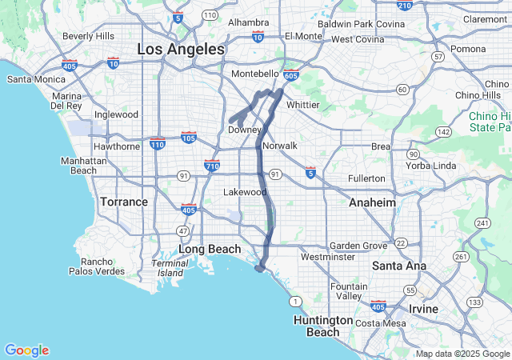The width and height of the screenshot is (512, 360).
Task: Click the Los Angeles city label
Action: tap(181, 49)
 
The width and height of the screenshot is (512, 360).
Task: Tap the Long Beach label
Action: tap(209, 249)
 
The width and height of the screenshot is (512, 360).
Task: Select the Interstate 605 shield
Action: tap(291, 75)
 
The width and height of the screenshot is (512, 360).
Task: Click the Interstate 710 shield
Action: tap(212, 165)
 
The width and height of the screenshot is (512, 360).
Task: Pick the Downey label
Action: tap(245, 130)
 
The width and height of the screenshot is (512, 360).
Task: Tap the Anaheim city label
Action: tap(372, 202)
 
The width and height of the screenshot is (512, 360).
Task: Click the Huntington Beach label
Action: tap(323, 326)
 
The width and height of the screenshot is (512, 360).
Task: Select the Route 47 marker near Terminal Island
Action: tap(182, 230)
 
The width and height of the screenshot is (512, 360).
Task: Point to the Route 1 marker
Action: tap(295, 301)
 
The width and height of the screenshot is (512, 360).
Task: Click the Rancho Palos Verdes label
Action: tap(102, 266)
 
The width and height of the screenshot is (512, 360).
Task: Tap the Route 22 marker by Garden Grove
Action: tap(401, 243)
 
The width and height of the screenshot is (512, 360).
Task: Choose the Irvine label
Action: tap(423, 309)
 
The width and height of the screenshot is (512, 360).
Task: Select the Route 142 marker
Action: tap(443, 131)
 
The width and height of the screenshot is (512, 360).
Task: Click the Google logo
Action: tap(26, 350)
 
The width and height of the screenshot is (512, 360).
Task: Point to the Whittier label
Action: tap(302, 104)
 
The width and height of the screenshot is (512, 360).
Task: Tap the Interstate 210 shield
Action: tap(404, 6)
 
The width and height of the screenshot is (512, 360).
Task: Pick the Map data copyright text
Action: tap(462, 354)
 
